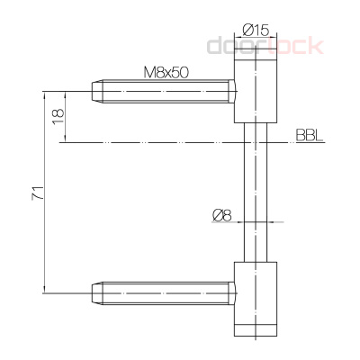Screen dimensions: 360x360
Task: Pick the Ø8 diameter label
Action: coord(221,214)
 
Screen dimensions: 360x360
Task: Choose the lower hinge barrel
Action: coord(257,297)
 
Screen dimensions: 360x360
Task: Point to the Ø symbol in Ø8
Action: coord(216,214)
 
